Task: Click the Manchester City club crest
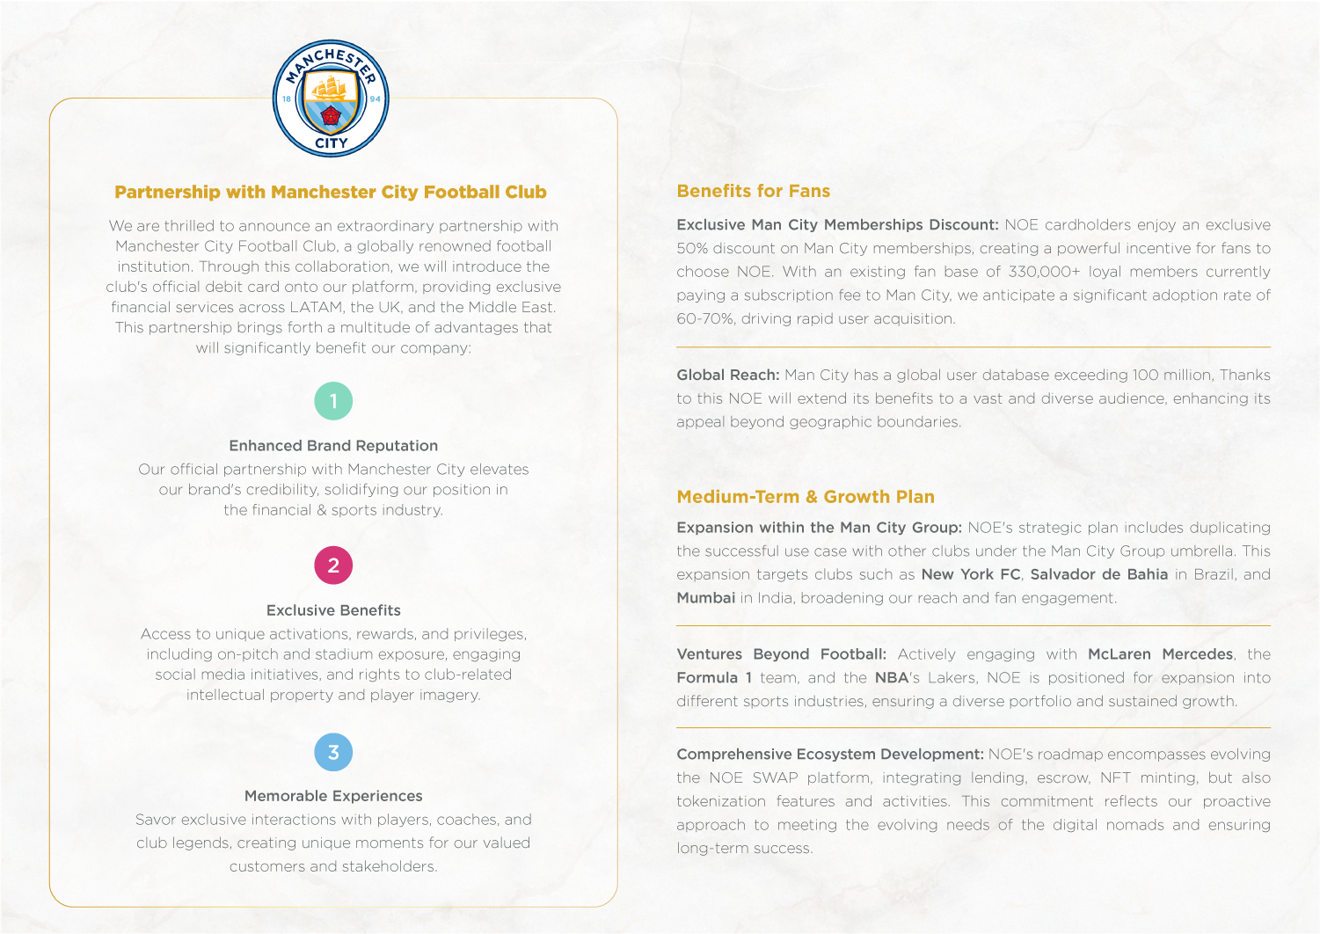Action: pyautogui.click(x=331, y=99)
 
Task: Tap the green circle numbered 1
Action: pyautogui.click(x=333, y=401)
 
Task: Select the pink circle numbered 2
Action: pyautogui.click(x=333, y=566)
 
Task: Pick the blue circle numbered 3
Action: pyautogui.click(x=333, y=752)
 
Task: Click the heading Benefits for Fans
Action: pyautogui.click(x=753, y=191)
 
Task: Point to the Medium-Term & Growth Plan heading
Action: pyautogui.click(x=805, y=497)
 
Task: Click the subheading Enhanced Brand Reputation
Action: pyautogui.click(x=333, y=446)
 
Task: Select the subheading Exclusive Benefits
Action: pyautogui.click(x=333, y=610)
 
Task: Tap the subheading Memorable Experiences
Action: pyautogui.click(x=333, y=796)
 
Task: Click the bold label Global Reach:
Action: pyautogui.click(x=727, y=375)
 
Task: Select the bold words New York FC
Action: pyautogui.click(x=970, y=574)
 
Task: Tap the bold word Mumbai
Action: pyautogui.click(x=705, y=598)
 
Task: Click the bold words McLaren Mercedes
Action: pyautogui.click(x=1160, y=654)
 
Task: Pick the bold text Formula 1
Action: pyautogui.click(x=713, y=678)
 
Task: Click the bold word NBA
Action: pyautogui.click(x=891, y=678)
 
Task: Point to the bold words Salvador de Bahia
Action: pyautogui.click(x=1098, y=574)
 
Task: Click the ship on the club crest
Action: pyautogui.click(x=331, y=87)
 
